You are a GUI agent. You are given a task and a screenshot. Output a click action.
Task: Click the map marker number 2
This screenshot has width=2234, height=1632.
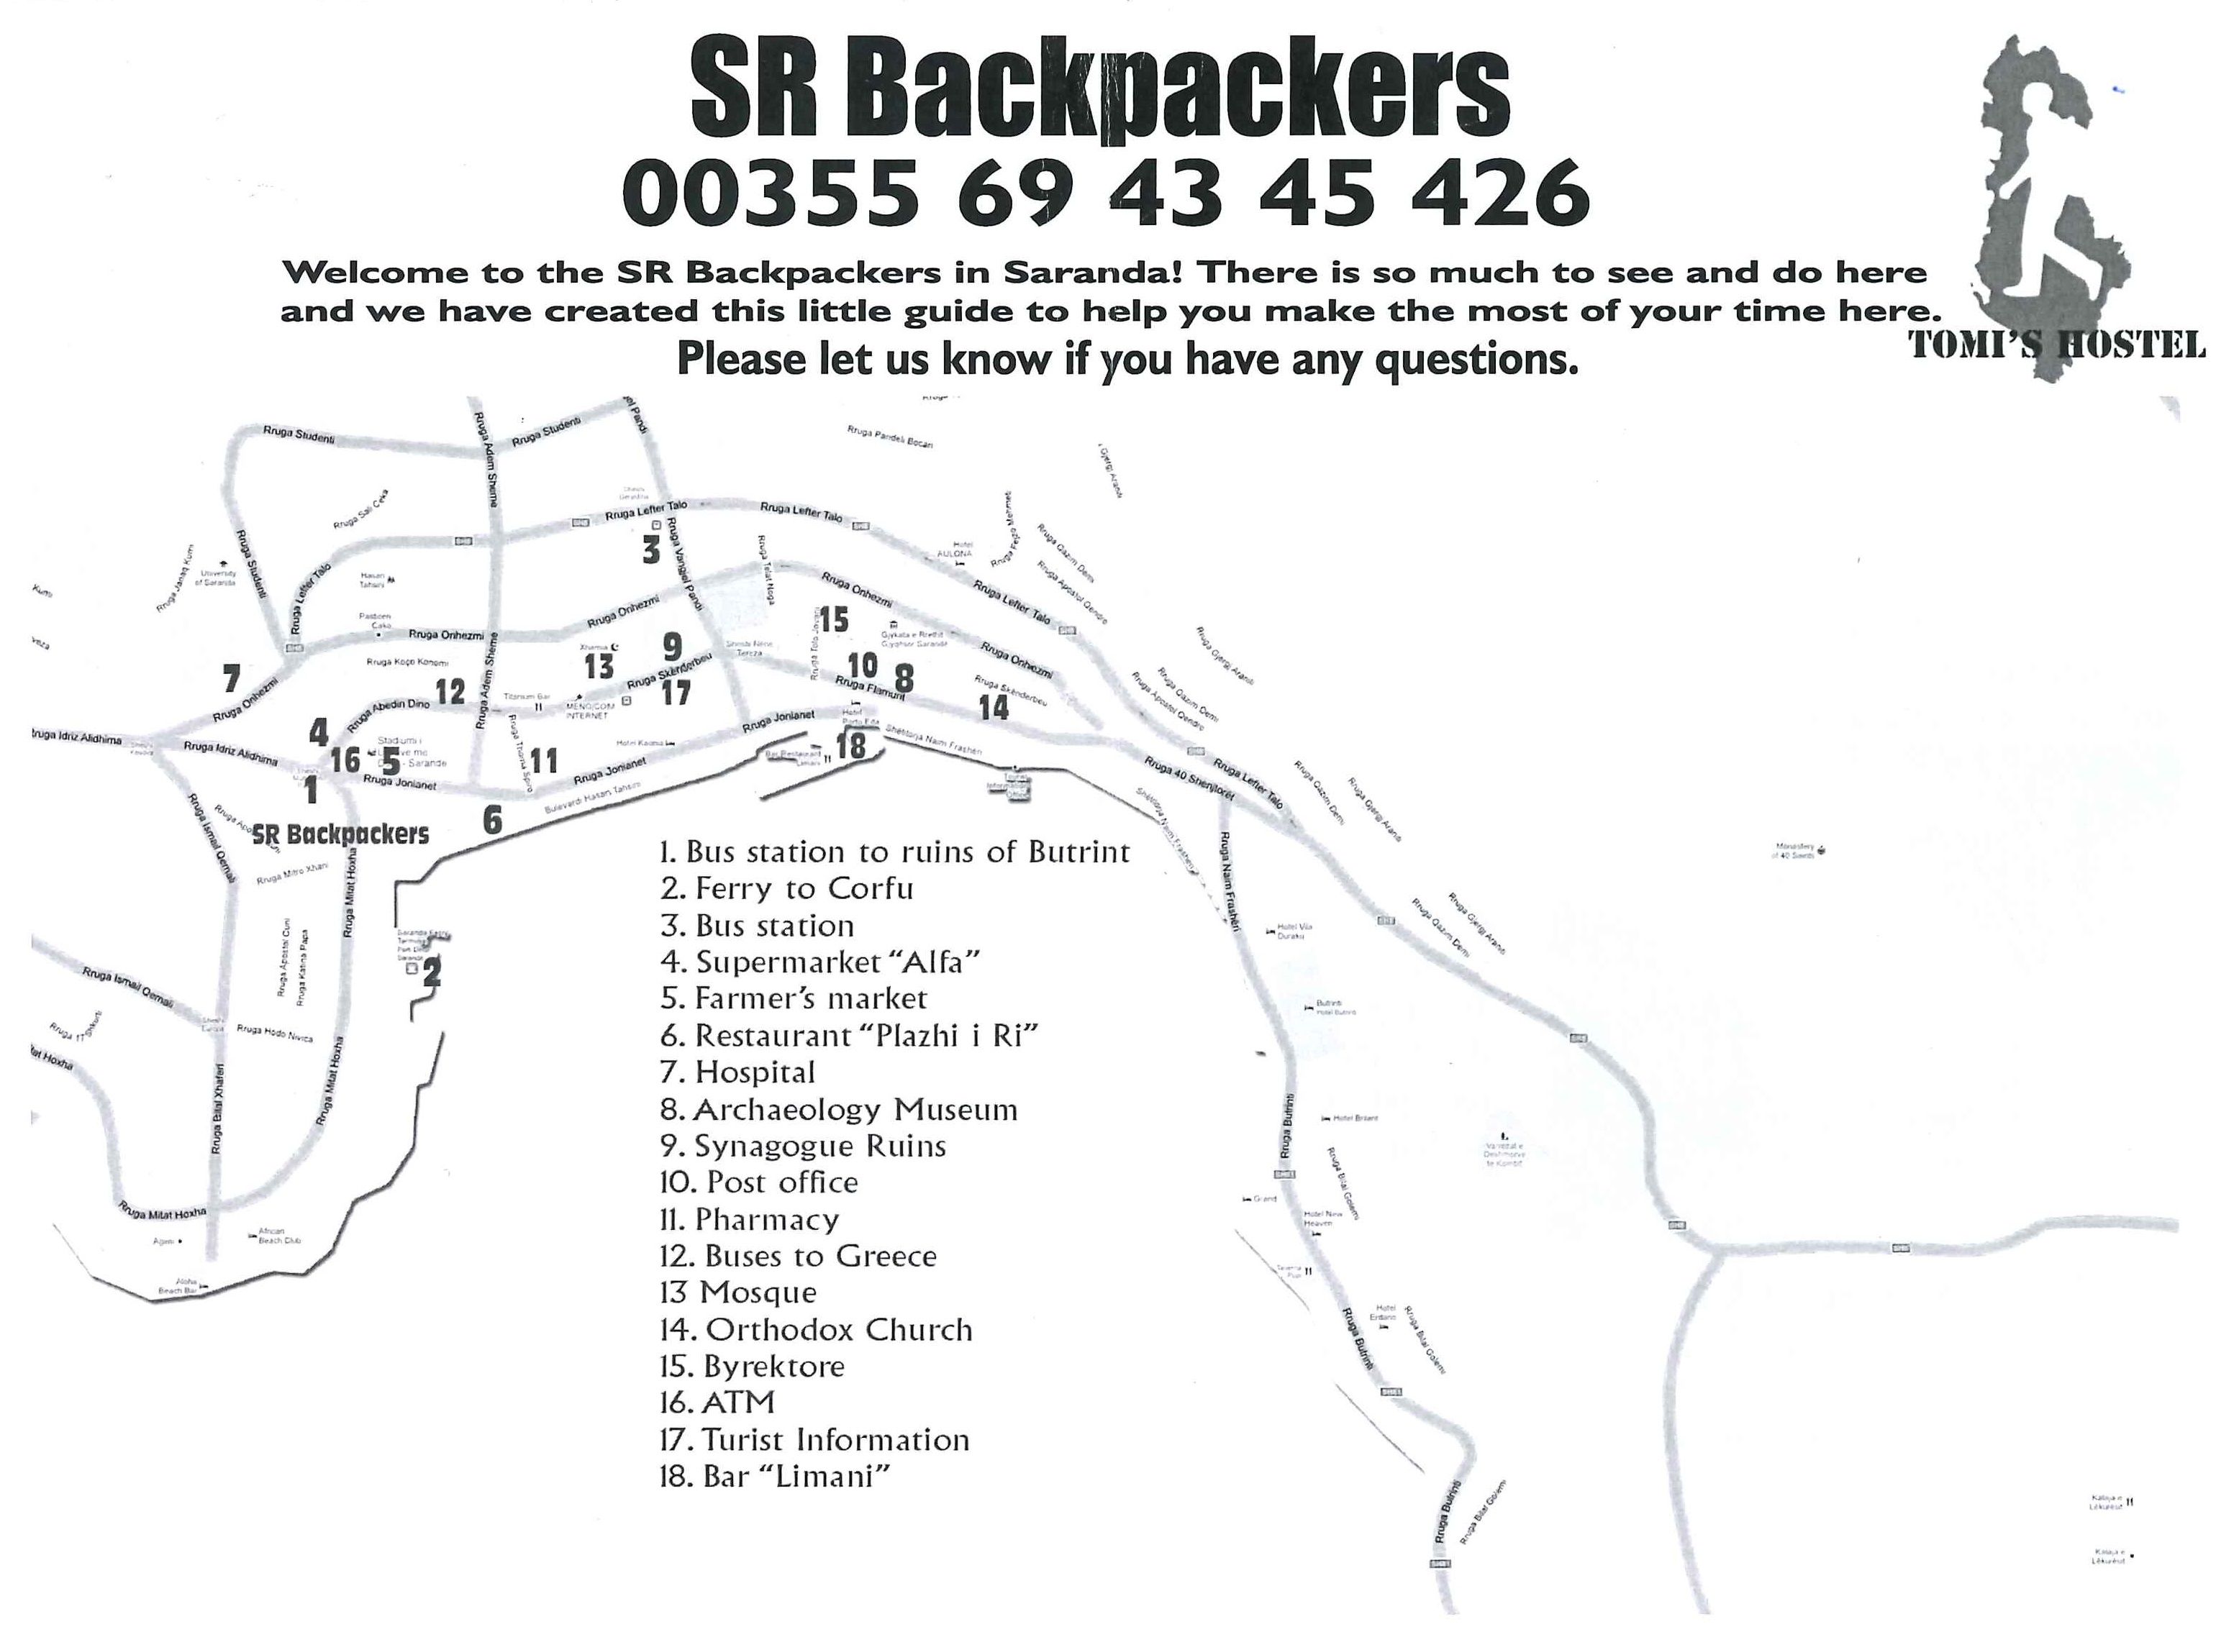coord(432,973)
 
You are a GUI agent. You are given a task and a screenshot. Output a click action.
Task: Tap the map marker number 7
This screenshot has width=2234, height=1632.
coord(231,679)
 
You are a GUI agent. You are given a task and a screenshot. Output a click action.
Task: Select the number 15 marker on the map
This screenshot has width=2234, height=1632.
coord(833,619)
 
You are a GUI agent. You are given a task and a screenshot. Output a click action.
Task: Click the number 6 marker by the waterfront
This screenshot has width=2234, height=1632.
coord(492,819)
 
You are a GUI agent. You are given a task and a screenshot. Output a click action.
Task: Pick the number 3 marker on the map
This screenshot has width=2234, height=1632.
coord(650,550)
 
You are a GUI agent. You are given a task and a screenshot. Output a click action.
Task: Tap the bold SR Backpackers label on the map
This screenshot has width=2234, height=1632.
coord(341,835)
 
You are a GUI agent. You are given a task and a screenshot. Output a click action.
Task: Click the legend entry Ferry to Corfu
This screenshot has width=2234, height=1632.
coord(788,888)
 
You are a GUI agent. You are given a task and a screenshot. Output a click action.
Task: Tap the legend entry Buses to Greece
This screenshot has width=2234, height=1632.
coord(799,1257)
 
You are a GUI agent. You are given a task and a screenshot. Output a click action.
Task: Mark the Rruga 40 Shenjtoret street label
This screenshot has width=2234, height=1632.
coord(1189,777)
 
